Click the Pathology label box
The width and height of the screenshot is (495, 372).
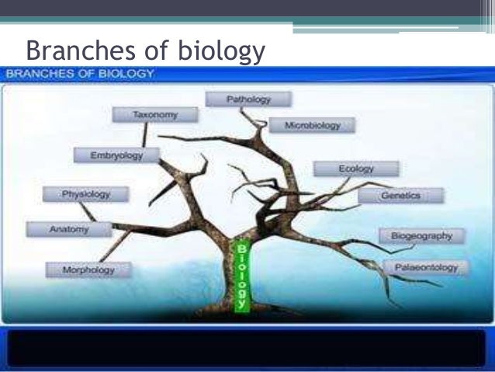(248, 99)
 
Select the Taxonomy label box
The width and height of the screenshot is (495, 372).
(155, 115)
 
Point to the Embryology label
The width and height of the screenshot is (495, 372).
(116, 155)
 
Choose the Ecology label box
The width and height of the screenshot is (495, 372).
(356, 169)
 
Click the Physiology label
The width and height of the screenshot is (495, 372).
(85, 193)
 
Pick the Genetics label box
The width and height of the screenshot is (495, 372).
(400, 196)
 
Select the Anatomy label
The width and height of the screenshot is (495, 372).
(69, 229)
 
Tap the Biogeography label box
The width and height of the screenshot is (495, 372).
(421, 235)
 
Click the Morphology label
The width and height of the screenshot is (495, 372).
(88, 270)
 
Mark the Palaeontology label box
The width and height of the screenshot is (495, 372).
(426, 268)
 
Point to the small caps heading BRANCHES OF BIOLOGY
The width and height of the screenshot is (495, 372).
(81, 74)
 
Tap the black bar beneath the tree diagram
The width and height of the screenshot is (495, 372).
(247, 347)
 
